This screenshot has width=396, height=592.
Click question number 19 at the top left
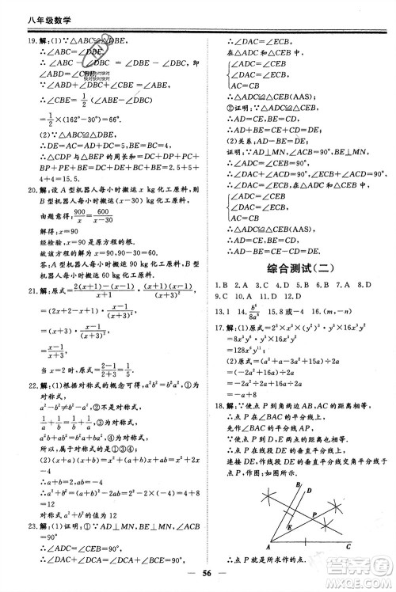coord(21,40)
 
